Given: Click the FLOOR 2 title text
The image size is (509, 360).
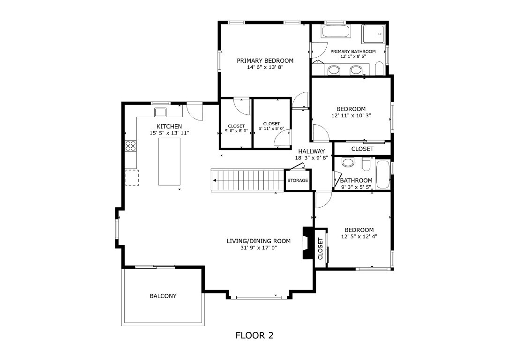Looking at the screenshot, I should [254, 335].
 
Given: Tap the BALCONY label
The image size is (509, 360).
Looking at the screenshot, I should [163, 296].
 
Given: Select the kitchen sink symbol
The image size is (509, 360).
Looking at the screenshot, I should [160, 112].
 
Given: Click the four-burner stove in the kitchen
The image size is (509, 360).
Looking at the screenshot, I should [131, 146].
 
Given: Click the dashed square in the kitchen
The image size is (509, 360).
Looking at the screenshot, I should [132, 178].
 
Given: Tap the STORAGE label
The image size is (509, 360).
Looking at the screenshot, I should [298, 180].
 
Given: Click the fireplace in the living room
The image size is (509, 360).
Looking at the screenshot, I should [307, 243].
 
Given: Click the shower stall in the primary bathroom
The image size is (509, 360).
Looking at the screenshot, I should [374, 32].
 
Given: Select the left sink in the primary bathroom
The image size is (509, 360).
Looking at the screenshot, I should [334, 70].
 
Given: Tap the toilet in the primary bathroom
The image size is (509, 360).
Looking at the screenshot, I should [380, 68].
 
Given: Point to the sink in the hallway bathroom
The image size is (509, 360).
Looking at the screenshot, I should [348, 163].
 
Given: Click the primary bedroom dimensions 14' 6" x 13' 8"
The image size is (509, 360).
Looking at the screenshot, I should [265, 67].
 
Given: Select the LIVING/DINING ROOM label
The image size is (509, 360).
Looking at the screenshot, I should [258, 241].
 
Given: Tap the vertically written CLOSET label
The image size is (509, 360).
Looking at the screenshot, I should [321, 248].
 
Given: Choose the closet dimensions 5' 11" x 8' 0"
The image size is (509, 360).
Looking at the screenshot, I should [271, 128].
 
